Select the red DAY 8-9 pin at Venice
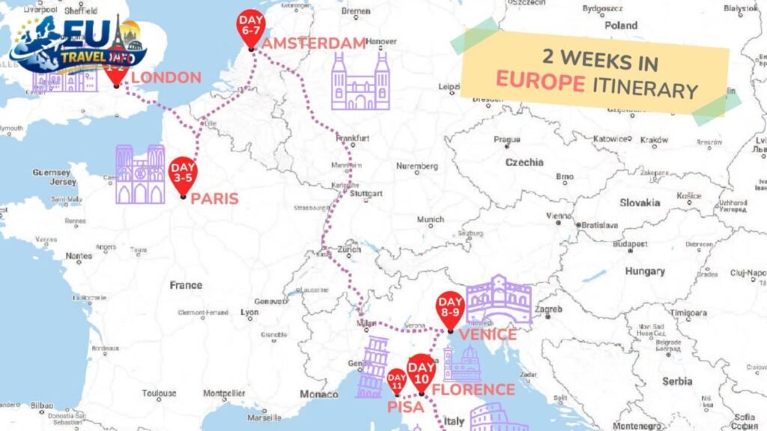[450, 309]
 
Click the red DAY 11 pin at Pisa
[396, 380]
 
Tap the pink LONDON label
[166, 77]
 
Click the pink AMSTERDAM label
[314, 43]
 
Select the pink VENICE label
[488, 334]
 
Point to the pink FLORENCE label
[473, 390]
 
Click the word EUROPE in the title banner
[541, 82]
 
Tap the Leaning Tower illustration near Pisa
[371, 367]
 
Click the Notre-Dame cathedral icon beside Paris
[140, 174]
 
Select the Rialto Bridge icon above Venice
[499, 299]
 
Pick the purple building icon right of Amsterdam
[360, 82]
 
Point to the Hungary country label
[645, 271]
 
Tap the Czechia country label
[524, 162]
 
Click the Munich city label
[431, 219]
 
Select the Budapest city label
[629, 244]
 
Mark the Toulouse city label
[160, 393]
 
